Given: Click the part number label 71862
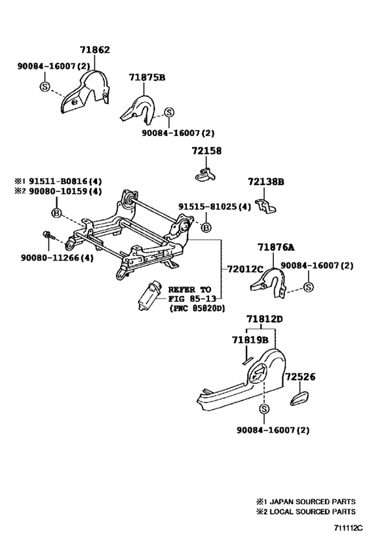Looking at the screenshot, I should (x=95, y=50).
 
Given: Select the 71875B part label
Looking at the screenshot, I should (x=147, y=77).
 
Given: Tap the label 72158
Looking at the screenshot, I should (x=207, y=150).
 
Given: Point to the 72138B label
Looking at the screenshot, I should (x=266, y=181).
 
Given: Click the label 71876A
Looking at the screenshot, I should (x=276, y=247).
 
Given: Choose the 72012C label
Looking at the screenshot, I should (x=245, y=269).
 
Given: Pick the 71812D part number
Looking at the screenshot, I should (x=265, y=319).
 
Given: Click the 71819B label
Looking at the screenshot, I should (x=250, y=340).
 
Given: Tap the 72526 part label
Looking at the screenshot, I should (x=300, y=378).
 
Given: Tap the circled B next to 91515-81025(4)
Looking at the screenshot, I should (x=205, y=227).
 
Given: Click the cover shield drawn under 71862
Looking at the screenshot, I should (x=84, y=92).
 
